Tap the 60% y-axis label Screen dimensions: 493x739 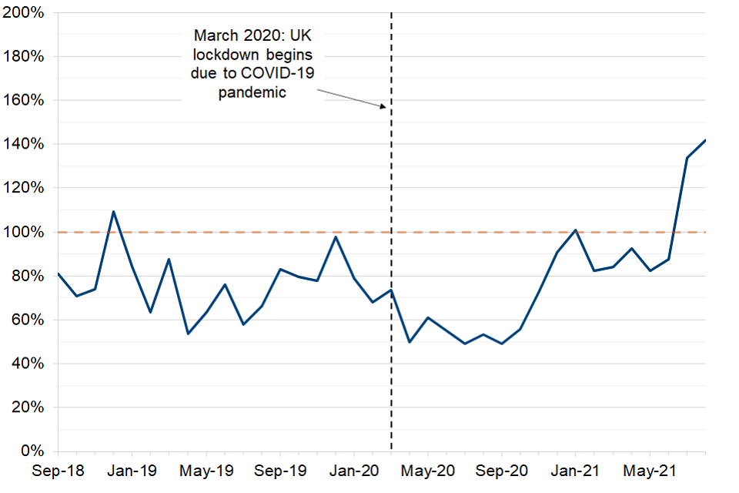26,320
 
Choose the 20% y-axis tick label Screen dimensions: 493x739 26,407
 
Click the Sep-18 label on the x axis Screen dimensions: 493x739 58,469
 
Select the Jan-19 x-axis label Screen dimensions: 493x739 132,469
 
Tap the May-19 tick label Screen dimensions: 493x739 206,469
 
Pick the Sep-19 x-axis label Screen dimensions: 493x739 279,469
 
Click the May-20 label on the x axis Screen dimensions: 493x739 428,469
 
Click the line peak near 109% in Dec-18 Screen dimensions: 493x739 113,211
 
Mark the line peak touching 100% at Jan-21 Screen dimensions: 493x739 575,230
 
